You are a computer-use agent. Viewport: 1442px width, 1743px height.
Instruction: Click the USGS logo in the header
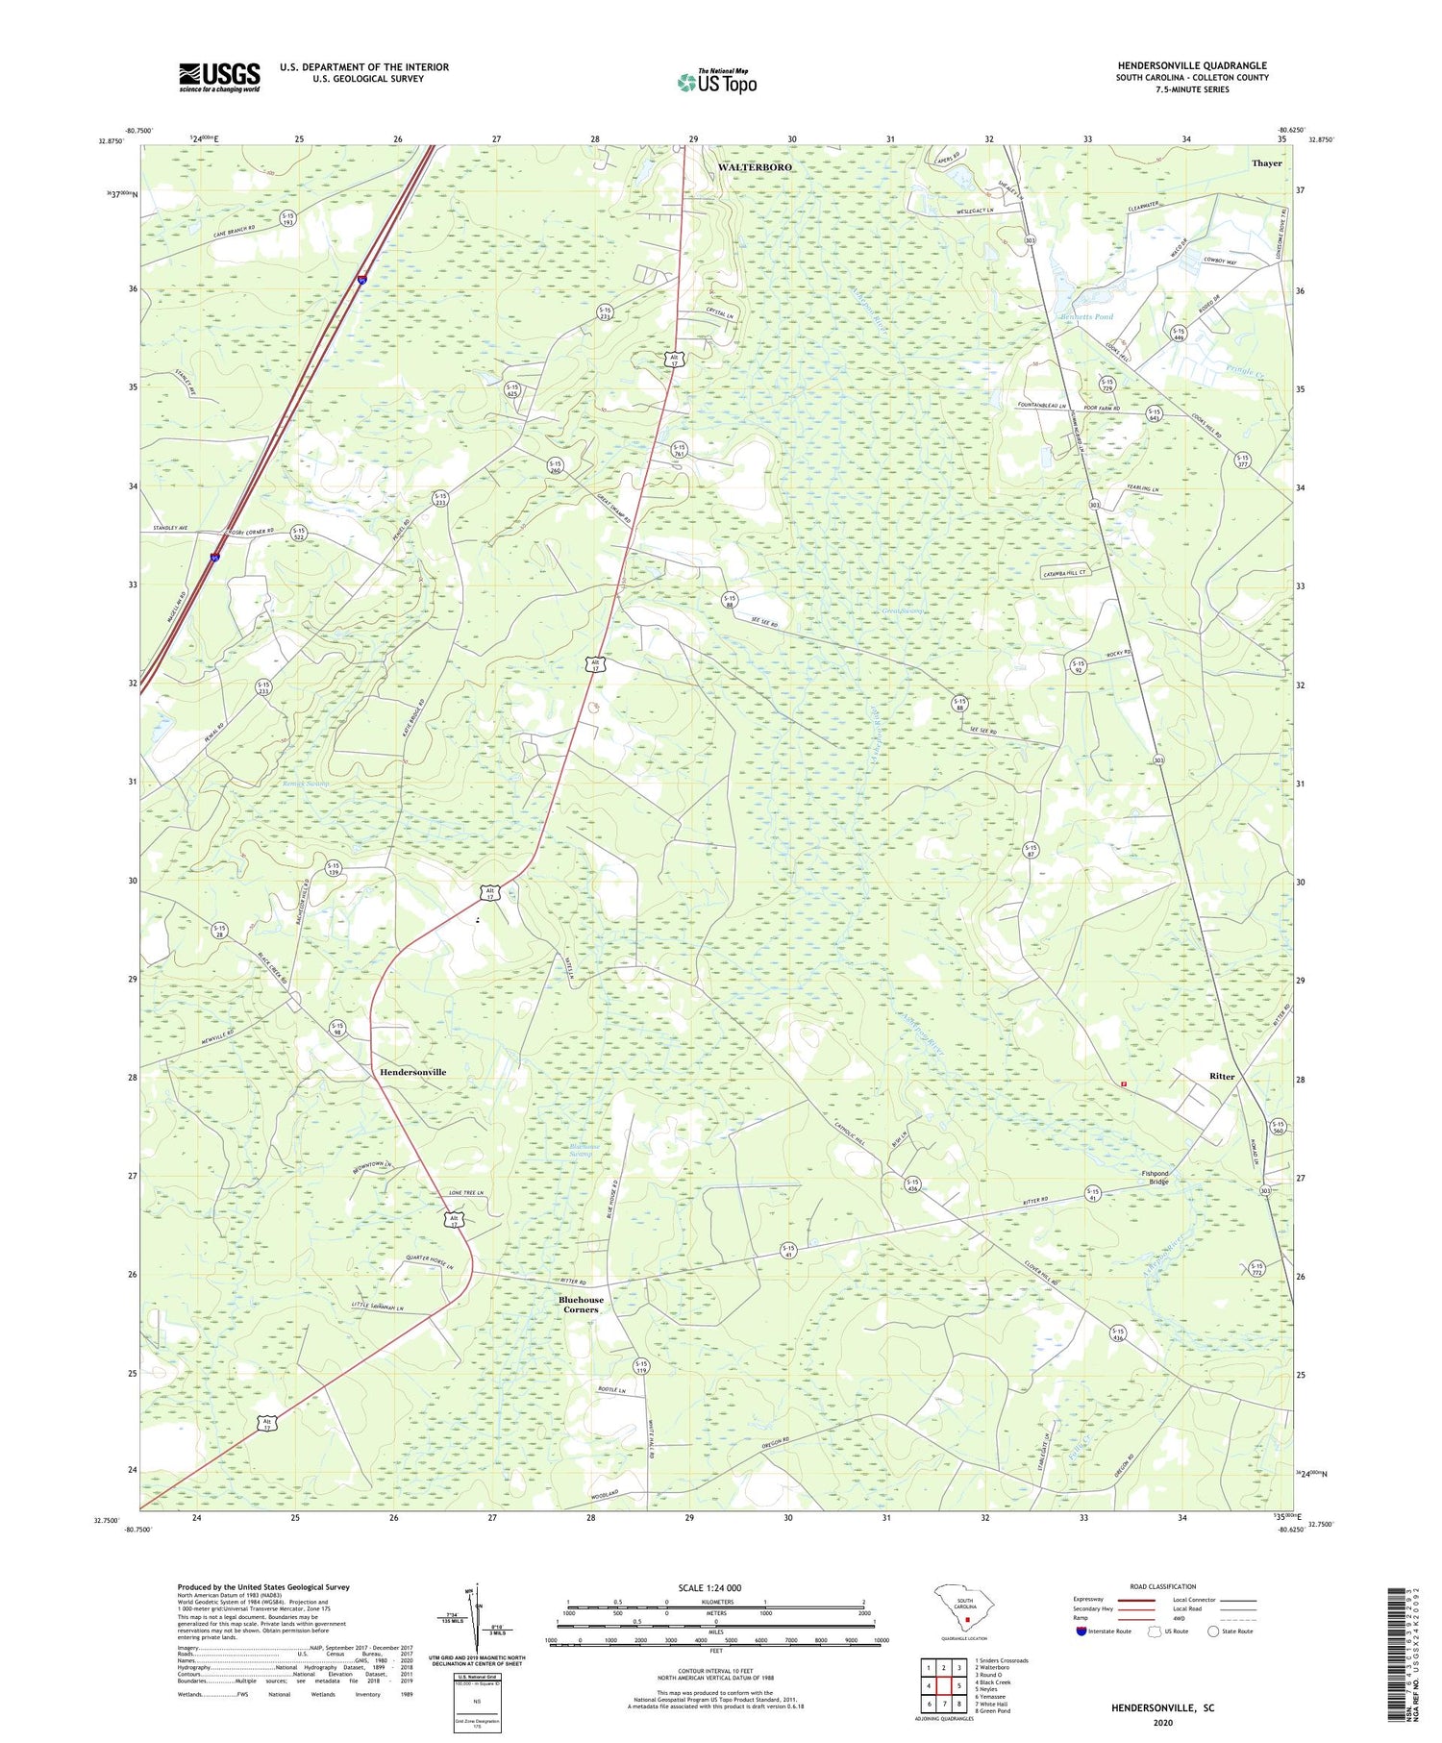click(x=219, y=77)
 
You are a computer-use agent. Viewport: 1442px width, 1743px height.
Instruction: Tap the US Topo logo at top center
click(x=716, y=82)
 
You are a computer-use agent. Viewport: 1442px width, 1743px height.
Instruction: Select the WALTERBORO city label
click(x=755, y=167)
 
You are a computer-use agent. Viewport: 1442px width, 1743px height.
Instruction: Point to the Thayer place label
click(x=1266, y=163)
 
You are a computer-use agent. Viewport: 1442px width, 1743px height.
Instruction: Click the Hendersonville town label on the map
click(x=412, y=1072)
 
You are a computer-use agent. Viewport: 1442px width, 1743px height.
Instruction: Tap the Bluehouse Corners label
click(x=581, y=1305)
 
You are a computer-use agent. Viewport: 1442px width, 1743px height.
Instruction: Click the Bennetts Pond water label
click(x=1086, y=316)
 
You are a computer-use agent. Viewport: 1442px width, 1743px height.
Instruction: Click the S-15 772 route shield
click(x=1257, y=1268)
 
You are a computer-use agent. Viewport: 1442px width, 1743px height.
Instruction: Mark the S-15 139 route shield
click(x=334, y=868)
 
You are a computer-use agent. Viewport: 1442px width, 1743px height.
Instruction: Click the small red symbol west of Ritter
click(x=1123, y=1083)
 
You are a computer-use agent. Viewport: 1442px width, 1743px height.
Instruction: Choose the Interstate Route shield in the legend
click(x=1081, y=1631)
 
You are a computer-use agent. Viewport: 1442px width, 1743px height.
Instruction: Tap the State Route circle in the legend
click(x=1213, y=1631)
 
